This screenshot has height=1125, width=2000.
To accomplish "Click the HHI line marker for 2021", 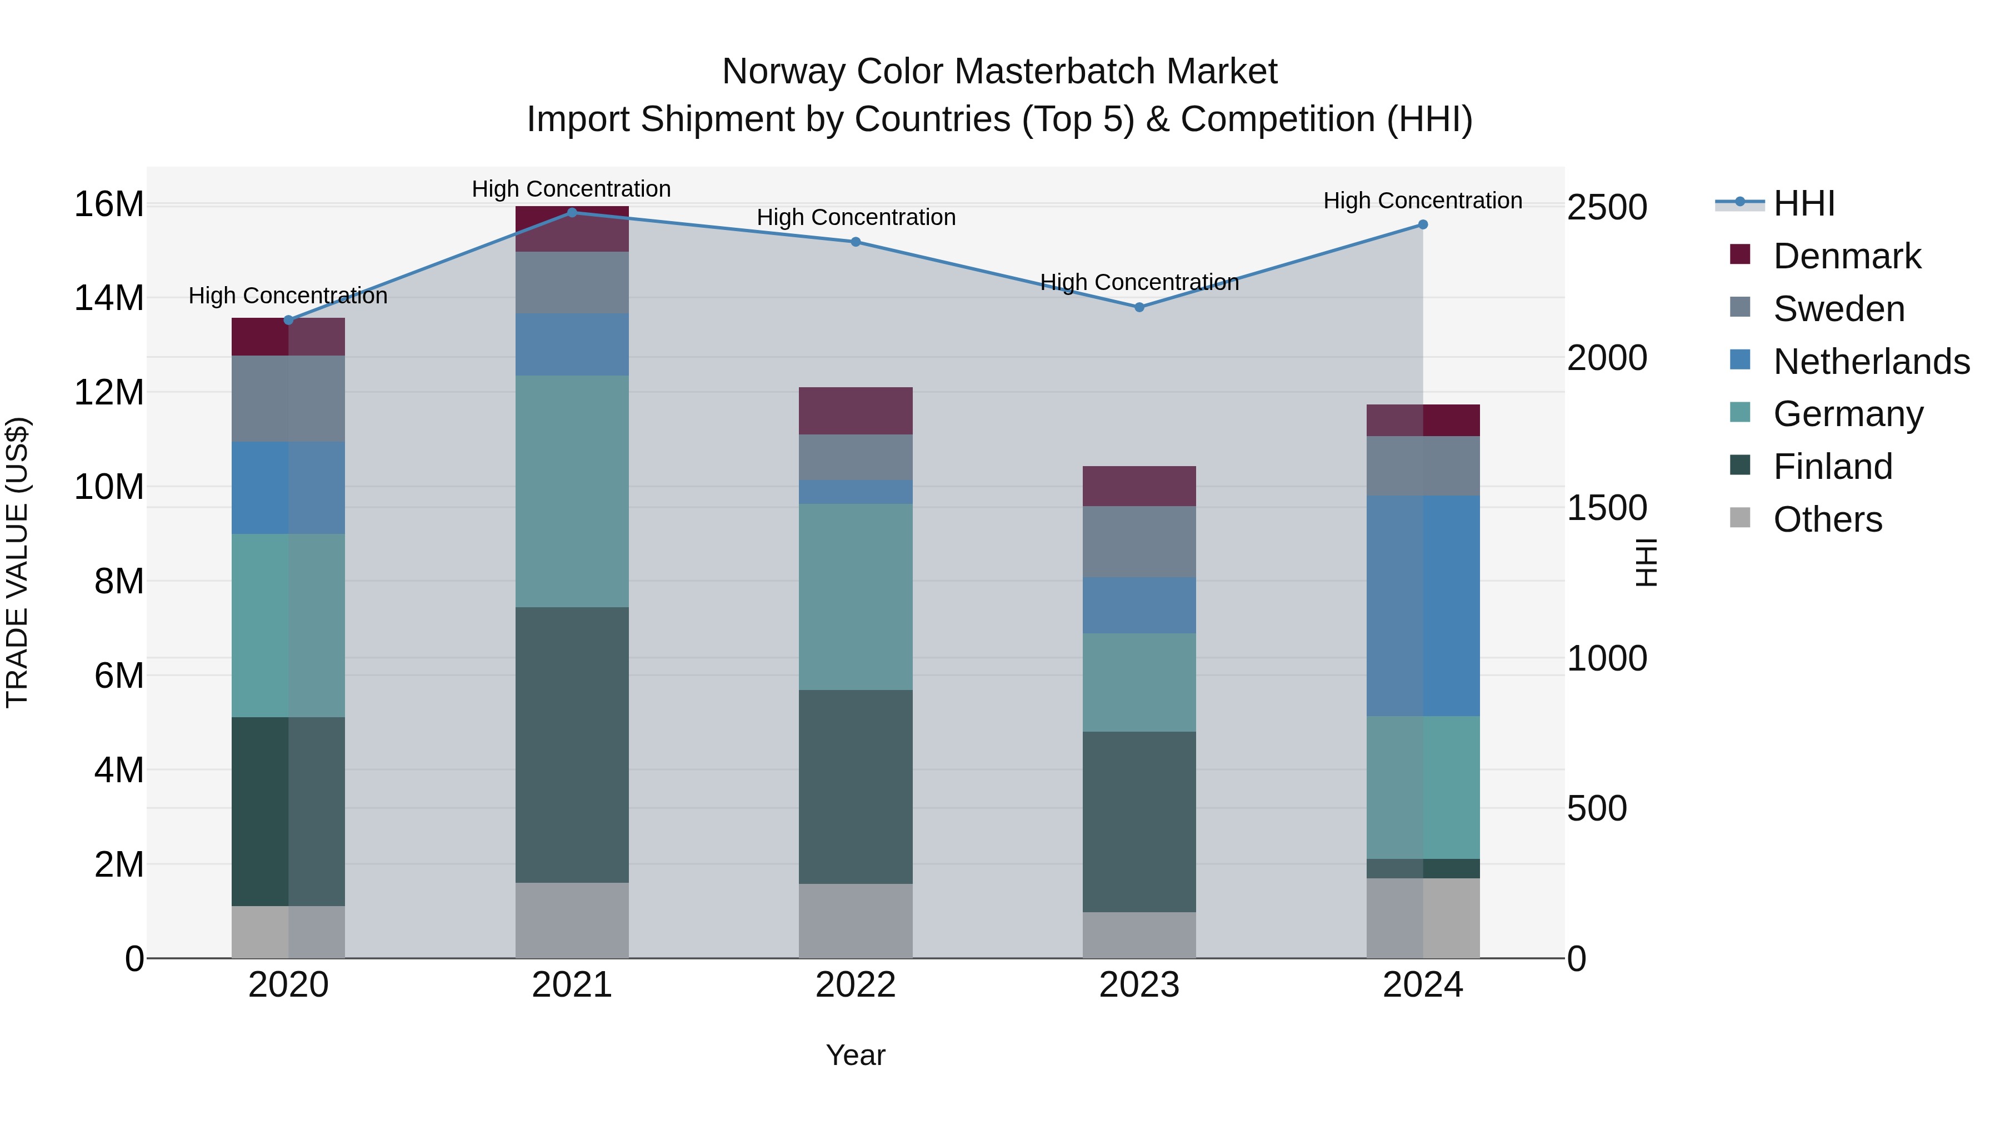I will click(x=572, y=213).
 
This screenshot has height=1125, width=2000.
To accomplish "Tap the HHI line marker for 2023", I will click(x=1139, y=307).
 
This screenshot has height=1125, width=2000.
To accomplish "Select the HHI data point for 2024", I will click(x=1422, y=225).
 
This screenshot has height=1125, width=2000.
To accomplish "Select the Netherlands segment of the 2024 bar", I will click(x=1422, y=606).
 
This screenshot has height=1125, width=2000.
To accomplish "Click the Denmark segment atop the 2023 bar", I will click(x=1139, y=486).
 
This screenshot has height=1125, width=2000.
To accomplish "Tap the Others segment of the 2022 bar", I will click(x=856, y=920).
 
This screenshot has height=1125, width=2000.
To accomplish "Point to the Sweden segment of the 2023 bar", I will click(x=1139, y=541).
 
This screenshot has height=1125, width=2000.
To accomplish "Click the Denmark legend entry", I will click(x=1846, y=256).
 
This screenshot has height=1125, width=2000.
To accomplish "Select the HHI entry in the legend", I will click(x=1803, y=203).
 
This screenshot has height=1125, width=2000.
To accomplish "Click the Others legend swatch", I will click(x=1740, y=518).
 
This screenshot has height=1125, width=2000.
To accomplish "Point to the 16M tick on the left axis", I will click(x=109, y=205).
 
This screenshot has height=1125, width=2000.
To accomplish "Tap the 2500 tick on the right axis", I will click(x=1606, y=208).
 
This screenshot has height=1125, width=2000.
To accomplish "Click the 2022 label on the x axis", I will click(x=856, y=985).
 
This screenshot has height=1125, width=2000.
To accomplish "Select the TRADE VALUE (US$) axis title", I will click(x=18, y=562).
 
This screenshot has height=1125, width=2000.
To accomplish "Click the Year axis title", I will click(x=855, y=1055).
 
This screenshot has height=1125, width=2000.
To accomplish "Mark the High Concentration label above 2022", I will click(x=856, y=217).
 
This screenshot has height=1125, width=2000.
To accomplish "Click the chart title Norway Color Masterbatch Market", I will click(x=999, y=72).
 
